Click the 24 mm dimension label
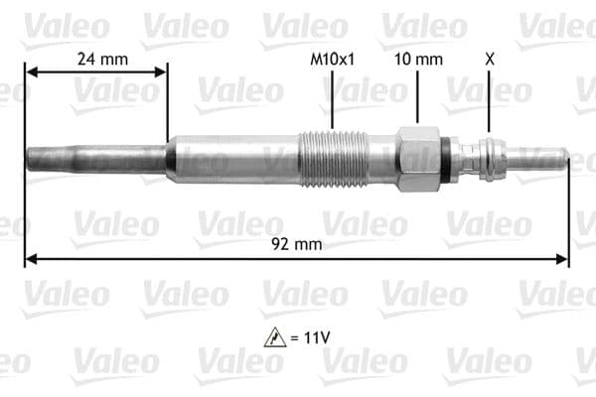(102, 59)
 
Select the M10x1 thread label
(333, 59)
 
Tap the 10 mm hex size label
(417, 59)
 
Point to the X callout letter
(488, 59)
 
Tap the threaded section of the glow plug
(334, 159)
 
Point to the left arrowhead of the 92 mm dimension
(31, 260)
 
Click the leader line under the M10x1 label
(333, 99)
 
